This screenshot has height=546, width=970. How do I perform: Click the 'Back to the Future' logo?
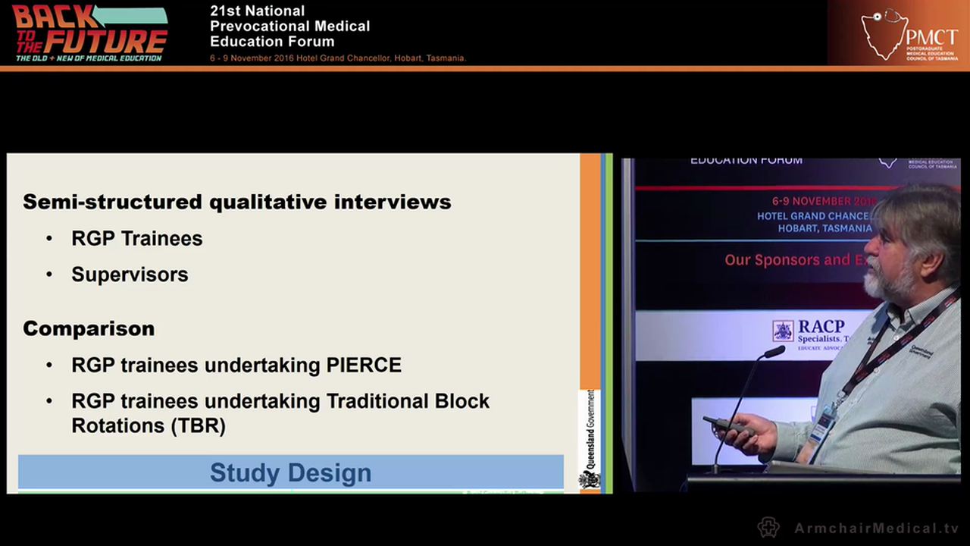[89, 33]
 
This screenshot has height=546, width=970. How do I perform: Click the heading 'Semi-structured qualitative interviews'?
[236, 202]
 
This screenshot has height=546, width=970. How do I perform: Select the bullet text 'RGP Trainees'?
[136, 238]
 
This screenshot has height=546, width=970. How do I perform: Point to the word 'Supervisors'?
[130, 275]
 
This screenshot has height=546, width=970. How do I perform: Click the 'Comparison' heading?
[89, 328]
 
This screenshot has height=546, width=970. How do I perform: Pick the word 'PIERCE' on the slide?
[364, 365]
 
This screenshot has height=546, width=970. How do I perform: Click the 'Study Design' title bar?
[290, 472]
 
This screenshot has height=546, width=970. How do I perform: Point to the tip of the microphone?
[774, 352]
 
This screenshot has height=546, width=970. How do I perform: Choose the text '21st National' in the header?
[257, 11]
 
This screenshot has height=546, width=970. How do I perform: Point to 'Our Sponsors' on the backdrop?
[771, 260]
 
